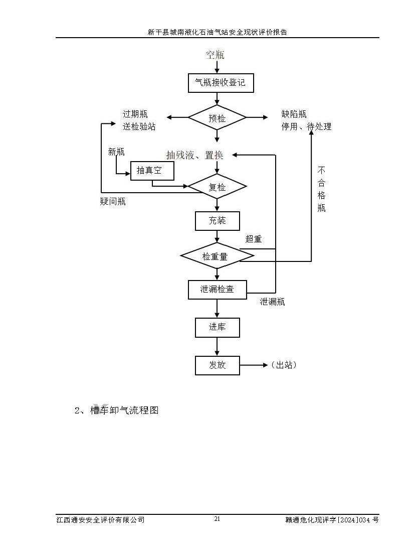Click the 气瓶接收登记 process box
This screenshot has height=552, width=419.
[x=221, y=83]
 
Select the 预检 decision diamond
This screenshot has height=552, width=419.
[x=217, y=118]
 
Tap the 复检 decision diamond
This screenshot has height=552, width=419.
[x=217, y=187]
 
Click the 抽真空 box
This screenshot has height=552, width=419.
[x=152, y=171]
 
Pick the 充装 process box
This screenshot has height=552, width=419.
[x=217, y=221]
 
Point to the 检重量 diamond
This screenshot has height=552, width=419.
[x=217, y=256]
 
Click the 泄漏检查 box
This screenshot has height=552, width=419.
[x=217, y=290]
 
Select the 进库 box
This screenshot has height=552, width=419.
[x=217, y=328]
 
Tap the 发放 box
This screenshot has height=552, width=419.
[x=217, y=365]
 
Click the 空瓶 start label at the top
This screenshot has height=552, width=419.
[x=215, y=54]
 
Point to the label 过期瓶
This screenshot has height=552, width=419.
[x=135, y=114]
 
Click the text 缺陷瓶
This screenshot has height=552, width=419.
[x=294, y=114]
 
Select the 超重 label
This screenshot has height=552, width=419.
[x=254, y=239]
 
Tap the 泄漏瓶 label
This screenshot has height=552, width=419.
[x=272, y=302]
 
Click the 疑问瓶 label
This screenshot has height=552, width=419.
[x=113, y=202]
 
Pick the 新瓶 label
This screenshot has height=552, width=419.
[x=116, y=152]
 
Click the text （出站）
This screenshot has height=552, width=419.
[x=284, y=365]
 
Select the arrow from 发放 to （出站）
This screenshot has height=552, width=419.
[x=254, y=365]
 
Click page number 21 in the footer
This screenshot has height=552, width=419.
[x=217, y=519]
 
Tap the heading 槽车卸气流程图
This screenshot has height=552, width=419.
[x=124, y=410]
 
